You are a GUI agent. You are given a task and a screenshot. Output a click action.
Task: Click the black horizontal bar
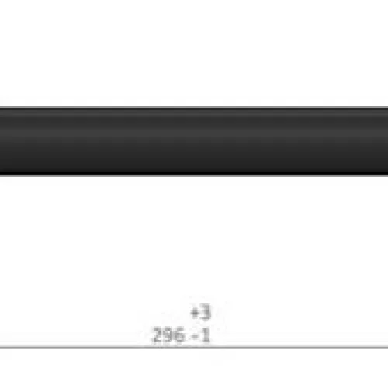(x=194, y=141)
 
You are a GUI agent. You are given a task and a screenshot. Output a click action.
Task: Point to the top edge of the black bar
(x=194, y=107)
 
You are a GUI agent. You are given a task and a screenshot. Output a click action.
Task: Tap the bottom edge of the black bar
(x=194, y=175)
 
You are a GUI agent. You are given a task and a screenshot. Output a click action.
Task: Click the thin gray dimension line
(x=194, y=347)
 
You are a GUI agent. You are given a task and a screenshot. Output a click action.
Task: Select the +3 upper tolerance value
(x=201, y=313)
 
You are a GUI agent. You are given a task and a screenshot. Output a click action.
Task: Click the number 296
(x=169, y=335)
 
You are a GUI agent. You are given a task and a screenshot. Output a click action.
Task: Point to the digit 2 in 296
(x=158, y=335)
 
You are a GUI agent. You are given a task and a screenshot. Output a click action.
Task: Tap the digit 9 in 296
(x=169, y=335)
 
